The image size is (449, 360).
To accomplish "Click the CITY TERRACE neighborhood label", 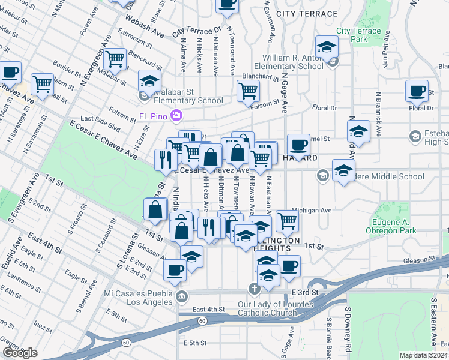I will coord(307,13).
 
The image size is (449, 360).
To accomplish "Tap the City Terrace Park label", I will coord(359,35).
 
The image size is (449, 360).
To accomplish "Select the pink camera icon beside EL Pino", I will coord(176,115).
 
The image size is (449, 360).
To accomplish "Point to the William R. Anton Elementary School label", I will coord(288,62).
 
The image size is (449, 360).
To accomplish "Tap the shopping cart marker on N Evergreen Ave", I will coord(115,59).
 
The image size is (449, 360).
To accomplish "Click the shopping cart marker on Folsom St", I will coord(248,91).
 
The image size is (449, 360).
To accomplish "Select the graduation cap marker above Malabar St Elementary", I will coord(150,81).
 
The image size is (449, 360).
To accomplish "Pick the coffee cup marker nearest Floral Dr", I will coord(417,91).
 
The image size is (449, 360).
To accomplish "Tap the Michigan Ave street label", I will coord(312,211).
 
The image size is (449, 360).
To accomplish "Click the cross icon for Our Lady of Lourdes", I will coord(255,289).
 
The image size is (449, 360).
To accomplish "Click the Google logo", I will coord(20,352).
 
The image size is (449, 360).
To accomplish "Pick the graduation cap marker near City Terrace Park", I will coord(327,47).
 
